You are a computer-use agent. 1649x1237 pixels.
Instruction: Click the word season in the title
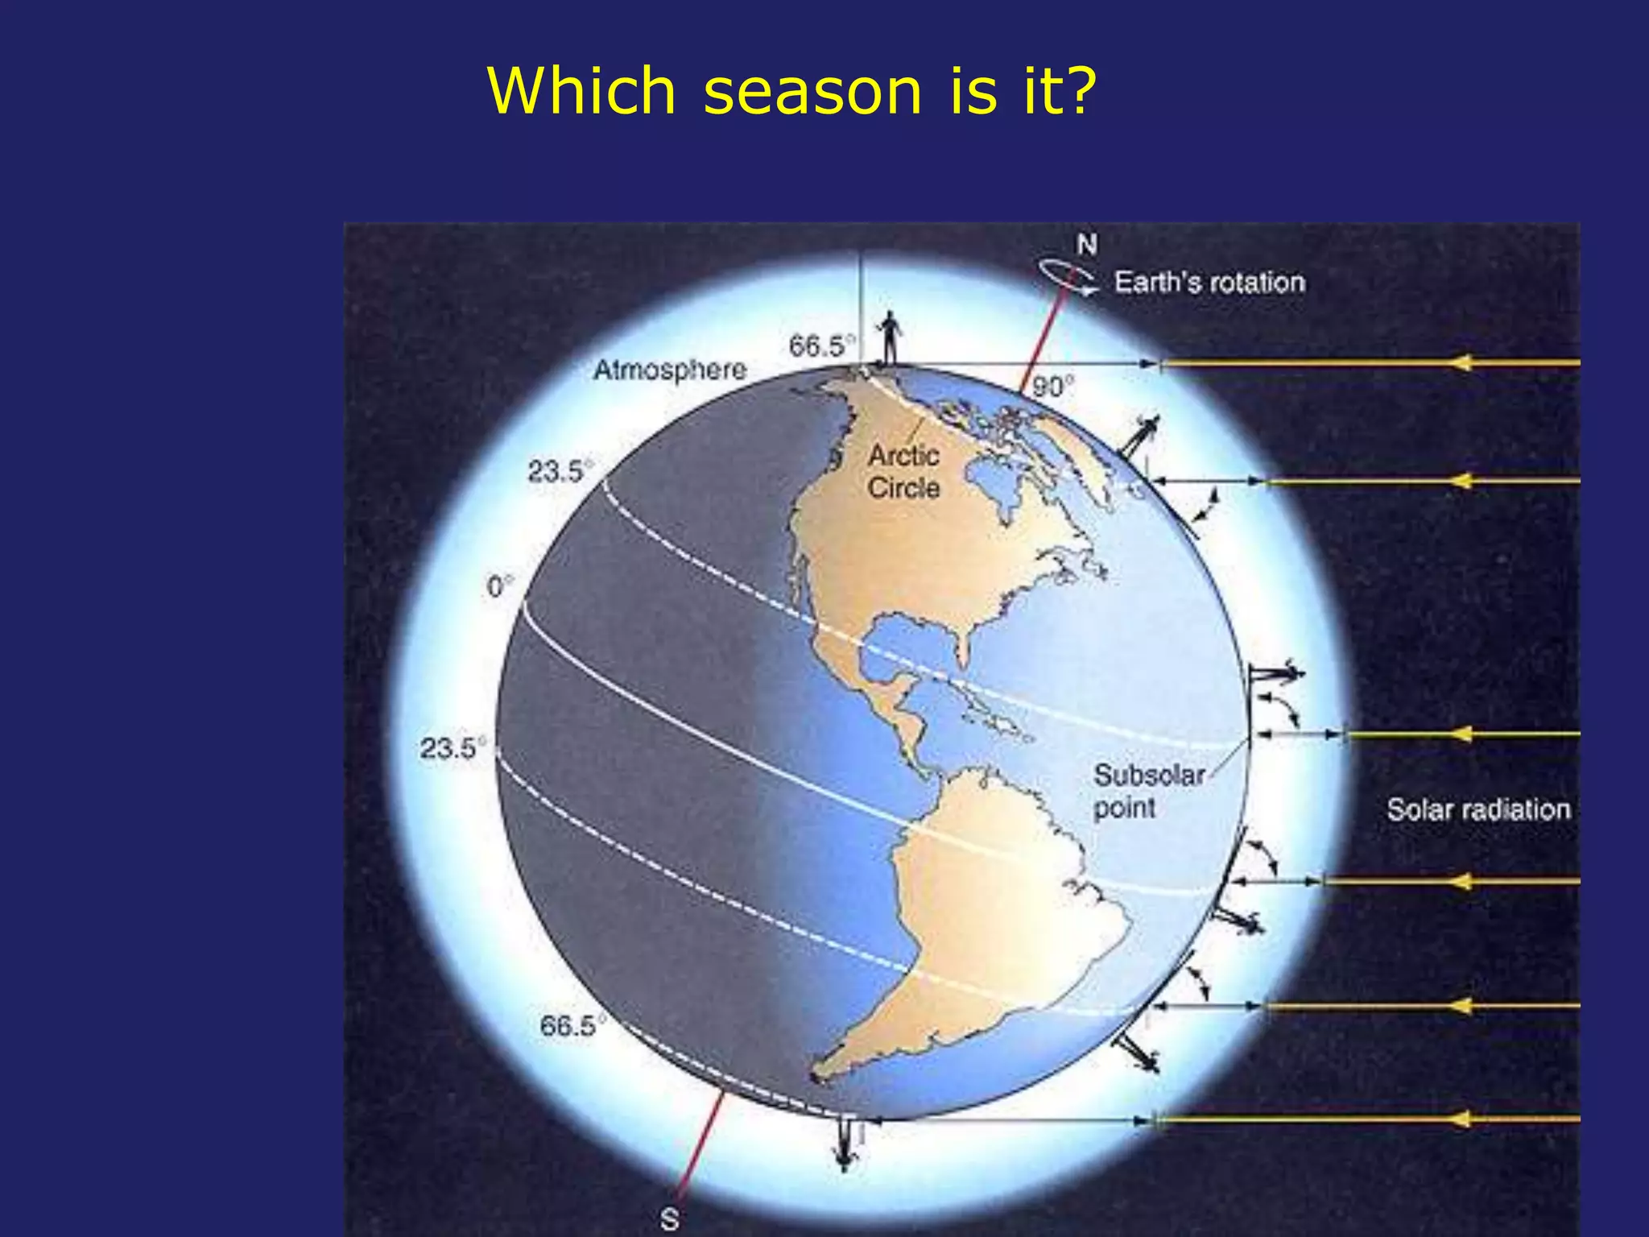pyautogui.click(x=812, y=91)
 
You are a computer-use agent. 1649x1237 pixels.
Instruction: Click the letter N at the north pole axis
pyautogui.click(x=1087, y=244)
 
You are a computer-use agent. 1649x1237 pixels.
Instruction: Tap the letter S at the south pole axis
pyautogui.click(x=669, y=1219)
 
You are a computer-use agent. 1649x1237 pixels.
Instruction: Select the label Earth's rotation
pyautogui.click(x=1209, y=283)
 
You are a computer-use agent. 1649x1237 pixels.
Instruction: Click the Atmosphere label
pyautogui.click(x=670, y=370)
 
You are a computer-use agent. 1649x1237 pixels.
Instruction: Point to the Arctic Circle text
pyautogui.click(x=903, y=472)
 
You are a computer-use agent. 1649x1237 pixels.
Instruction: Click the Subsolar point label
pyautogui.click(x=1147, y=791)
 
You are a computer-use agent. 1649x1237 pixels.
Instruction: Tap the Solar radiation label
pyautogui.click(x=1478, y=809)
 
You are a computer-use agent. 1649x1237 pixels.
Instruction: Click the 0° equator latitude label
pyautogui.click(x=499, y=586)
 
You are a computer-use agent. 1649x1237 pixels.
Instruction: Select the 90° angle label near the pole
pyautogui.click(x=1052, y=387)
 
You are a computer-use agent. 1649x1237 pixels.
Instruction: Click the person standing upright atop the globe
pyautogui.click(x=890, y=337)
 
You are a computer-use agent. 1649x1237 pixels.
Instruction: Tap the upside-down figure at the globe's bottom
pyautogui.click(x=845, y=1144)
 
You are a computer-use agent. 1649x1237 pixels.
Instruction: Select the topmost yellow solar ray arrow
pyautogui.click(x=1369, y=363)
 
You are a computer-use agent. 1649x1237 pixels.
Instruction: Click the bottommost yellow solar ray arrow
pyautogui.click(x=1369, y=1119)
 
